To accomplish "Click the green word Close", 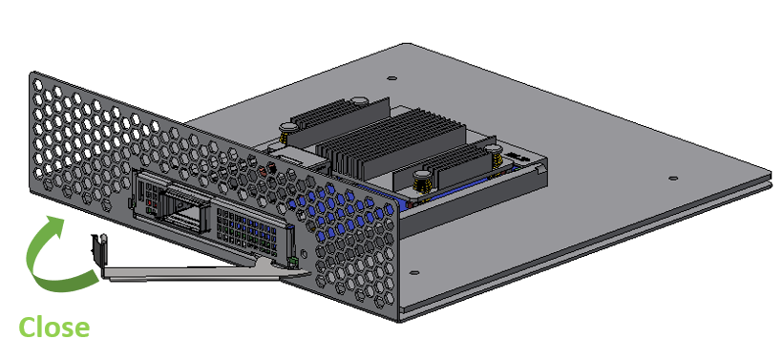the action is [53, 328].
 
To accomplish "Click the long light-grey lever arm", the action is [200, 271].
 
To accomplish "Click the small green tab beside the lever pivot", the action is [293, 261].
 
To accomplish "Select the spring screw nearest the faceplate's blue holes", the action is [422, 181].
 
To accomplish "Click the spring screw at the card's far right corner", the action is [494, 156].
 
